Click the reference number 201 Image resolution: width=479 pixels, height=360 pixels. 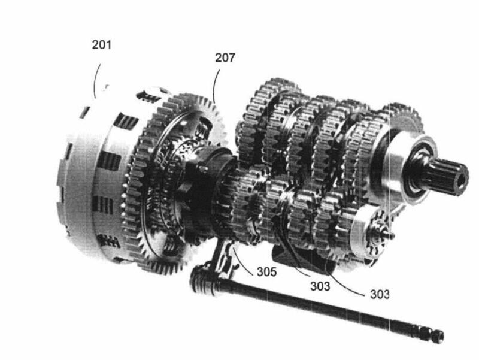point(102,44)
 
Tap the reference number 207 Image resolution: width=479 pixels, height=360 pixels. point(225,58)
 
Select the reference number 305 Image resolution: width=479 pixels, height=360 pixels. point(266,271)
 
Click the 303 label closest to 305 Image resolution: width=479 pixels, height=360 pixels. point(320,286)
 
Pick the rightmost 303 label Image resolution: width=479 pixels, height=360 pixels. point(380,294)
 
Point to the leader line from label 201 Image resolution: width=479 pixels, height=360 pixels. point(96,80)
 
